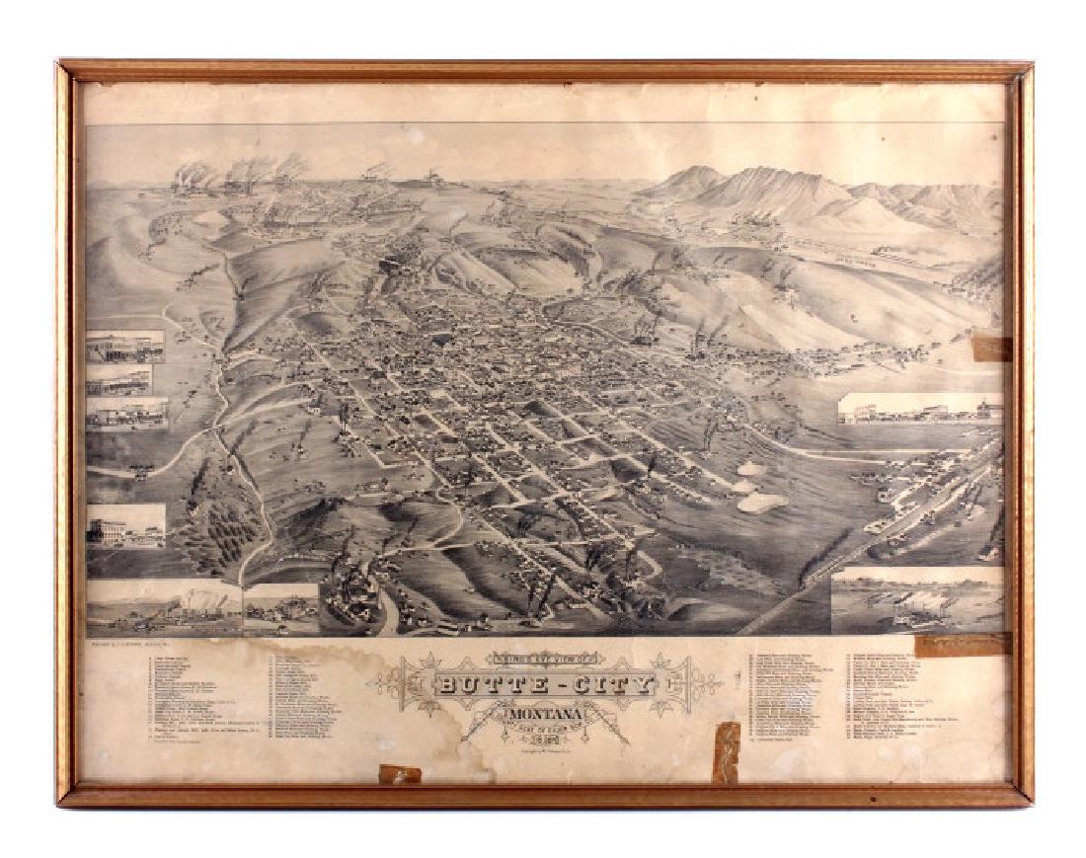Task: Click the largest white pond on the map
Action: pos(763,502)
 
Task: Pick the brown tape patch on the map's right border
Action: pos(991,349)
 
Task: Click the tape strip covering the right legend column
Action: pos(962,645)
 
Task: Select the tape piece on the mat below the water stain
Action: pos(400,774)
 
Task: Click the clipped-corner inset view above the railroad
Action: pos(919,408)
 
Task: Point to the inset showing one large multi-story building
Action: pos(125,525)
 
